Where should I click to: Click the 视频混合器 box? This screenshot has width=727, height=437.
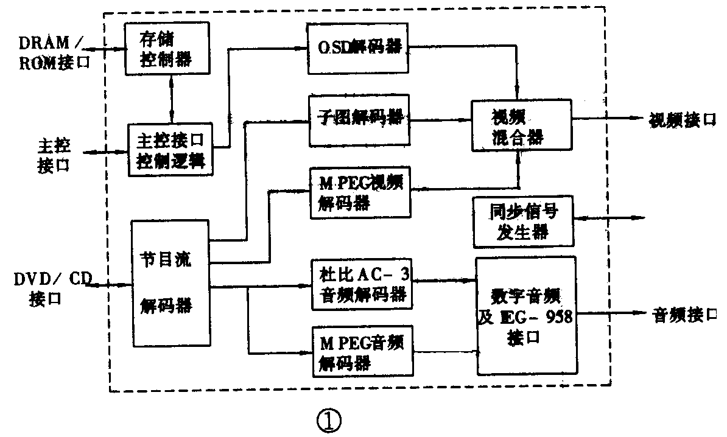(521, 126)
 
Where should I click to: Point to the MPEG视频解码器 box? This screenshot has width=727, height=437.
(360, 192)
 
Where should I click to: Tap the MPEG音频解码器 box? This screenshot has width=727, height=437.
(360, 351)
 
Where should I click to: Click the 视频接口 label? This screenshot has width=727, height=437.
(681, 119)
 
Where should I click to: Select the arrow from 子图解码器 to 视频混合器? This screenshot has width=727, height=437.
(441, 121)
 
